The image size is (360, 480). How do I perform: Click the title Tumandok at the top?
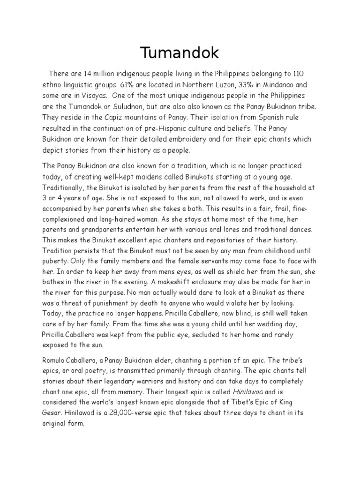pos(180,53)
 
